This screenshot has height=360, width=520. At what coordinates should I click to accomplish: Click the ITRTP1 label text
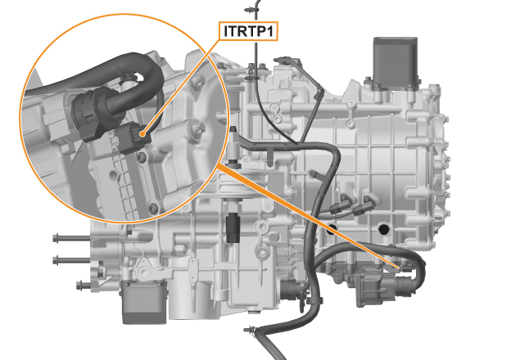tap(248, 31)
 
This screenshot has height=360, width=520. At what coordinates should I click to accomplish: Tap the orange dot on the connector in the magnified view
tap(142, 134)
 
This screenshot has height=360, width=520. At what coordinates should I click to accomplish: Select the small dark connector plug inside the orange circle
tap(133, 137)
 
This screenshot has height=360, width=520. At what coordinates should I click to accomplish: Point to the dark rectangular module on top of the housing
tap(396, 63)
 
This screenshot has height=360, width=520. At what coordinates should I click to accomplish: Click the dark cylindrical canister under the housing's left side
tap(143, 302)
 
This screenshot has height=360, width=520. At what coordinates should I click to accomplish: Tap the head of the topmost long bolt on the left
tap(56, 237)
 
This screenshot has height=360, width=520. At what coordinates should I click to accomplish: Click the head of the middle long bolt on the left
tap(56, 260)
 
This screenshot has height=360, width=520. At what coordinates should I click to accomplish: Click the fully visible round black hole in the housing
tap(384, 229)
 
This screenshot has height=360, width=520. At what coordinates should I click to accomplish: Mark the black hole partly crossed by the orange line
tap(331, 229)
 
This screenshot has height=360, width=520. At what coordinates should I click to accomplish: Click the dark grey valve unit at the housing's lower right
tap(382, 285)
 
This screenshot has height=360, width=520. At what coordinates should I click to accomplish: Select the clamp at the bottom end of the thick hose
tap(251, 331)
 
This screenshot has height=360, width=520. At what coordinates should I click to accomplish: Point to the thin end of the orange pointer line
tap(400, 268)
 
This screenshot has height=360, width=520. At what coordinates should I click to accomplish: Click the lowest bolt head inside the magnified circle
tap(153, 209)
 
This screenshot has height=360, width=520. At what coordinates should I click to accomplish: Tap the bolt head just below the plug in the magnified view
tap(142, 157)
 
